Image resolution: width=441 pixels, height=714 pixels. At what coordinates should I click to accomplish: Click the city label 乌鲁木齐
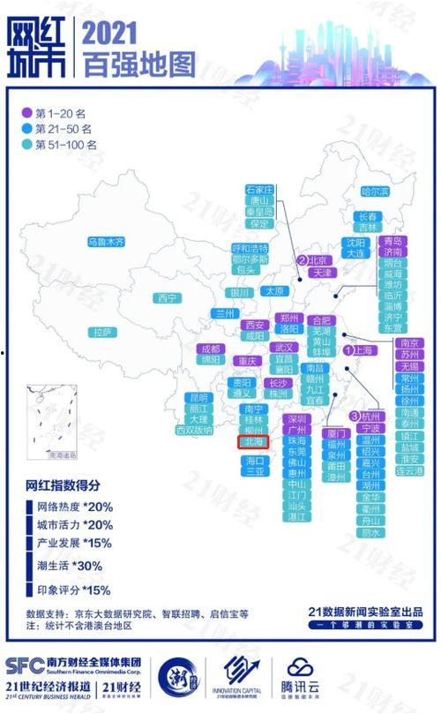click(x=106, y=241)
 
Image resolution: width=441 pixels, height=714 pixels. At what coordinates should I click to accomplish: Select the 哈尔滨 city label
click(x=374, y=191)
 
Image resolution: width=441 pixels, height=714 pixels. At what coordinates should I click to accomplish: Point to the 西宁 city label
click(x=168, y=298)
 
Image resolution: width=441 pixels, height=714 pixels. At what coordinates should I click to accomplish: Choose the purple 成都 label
click(x=209, y=349)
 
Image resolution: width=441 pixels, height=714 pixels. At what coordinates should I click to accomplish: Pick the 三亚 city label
click(x=254, y=471)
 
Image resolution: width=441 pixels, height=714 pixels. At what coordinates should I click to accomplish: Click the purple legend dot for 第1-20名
click(x=26, y=113)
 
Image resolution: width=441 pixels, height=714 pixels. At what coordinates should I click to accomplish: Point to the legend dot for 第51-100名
click(x=26, y=144)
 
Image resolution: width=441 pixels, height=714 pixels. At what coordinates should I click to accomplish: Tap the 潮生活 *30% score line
click(x=74, y=566)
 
